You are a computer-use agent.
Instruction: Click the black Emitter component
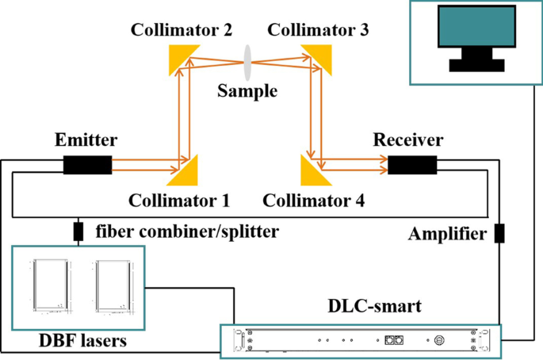click(87, 166)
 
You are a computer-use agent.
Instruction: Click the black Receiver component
click(412, 165)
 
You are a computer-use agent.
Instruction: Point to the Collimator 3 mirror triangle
click(317, 55)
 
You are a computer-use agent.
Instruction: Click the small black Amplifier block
click(499, 234)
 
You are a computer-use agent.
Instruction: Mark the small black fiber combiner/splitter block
click(78, 232)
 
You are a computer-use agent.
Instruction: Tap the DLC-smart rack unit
click(361, 339)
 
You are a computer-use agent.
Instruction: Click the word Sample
click(247, 90)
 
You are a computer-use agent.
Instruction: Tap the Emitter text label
click(87, 140)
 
